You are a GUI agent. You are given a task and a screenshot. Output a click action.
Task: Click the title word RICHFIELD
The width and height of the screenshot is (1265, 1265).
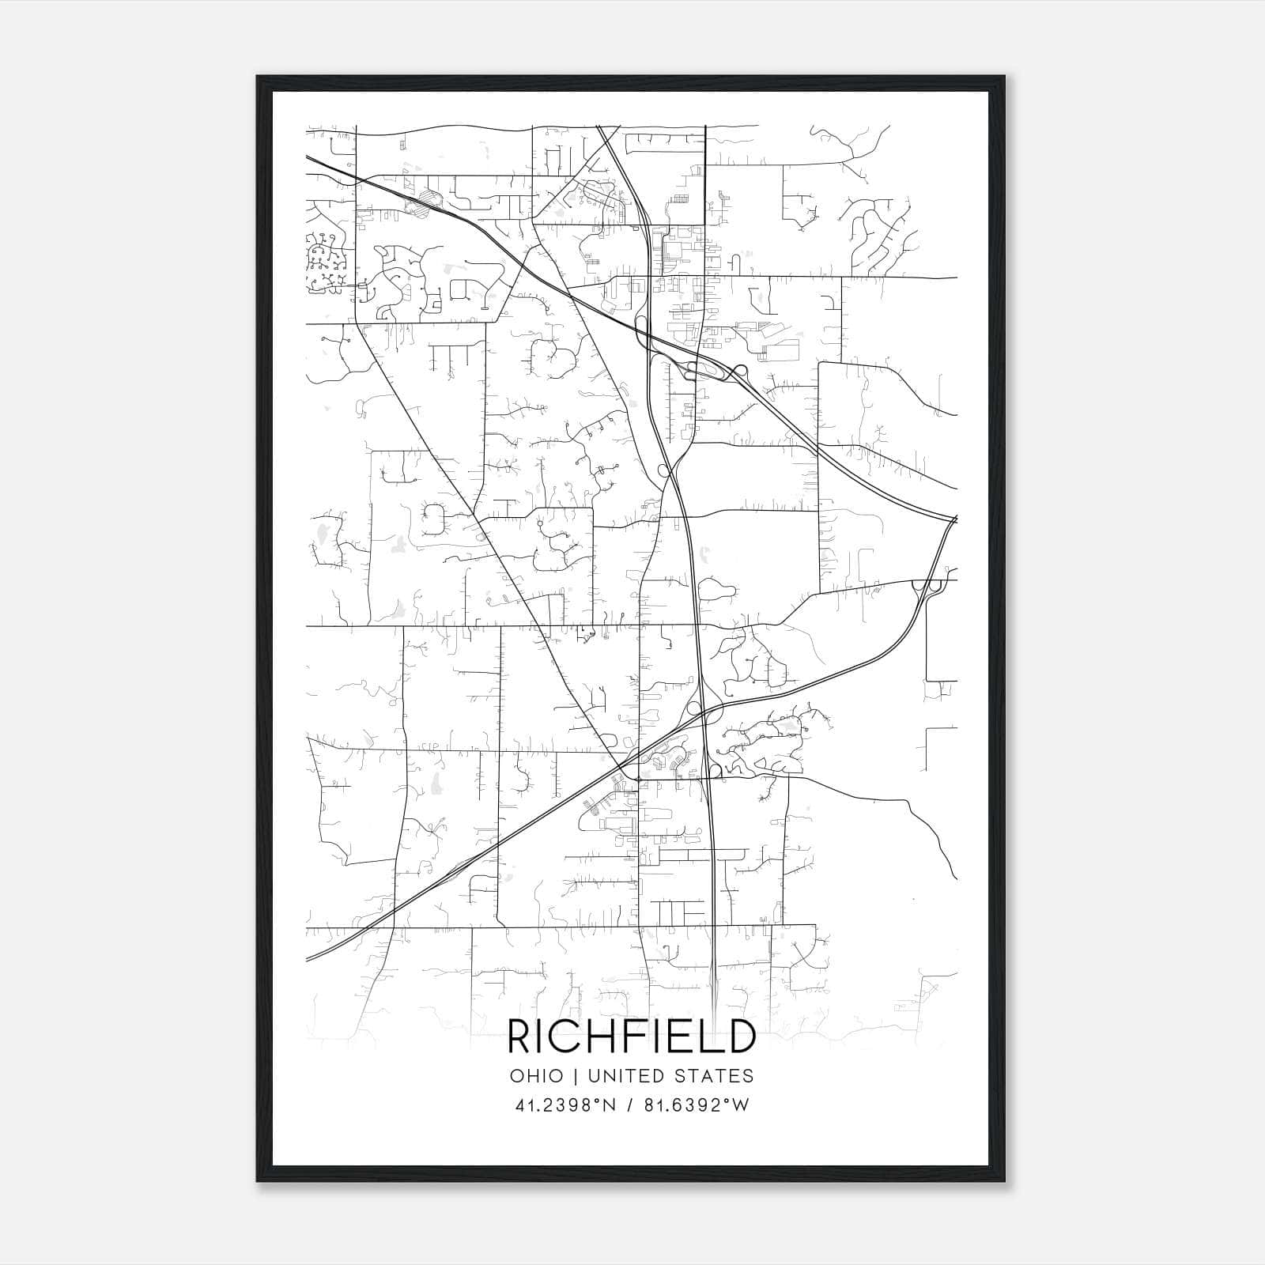tap(631, 1037)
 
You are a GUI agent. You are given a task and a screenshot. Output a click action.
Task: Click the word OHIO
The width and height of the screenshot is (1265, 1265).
tap(537, 1076)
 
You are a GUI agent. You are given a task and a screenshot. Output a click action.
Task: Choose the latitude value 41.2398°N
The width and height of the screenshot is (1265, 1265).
tap(564, 1105)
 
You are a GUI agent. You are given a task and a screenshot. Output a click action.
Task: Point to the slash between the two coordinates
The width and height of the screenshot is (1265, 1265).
tap(629, 1105)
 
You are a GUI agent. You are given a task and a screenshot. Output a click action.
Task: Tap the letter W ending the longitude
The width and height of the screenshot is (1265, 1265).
tap(740, 1105)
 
